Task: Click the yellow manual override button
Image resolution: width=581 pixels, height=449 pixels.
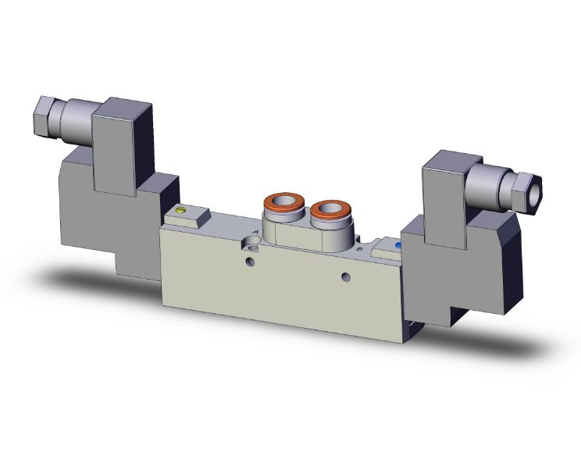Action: click(183, 210)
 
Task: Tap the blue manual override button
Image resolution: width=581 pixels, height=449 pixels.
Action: click(398, 244)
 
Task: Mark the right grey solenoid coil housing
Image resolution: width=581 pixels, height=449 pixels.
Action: click(461, 265)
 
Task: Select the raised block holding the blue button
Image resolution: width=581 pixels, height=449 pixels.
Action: click(387, 250)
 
